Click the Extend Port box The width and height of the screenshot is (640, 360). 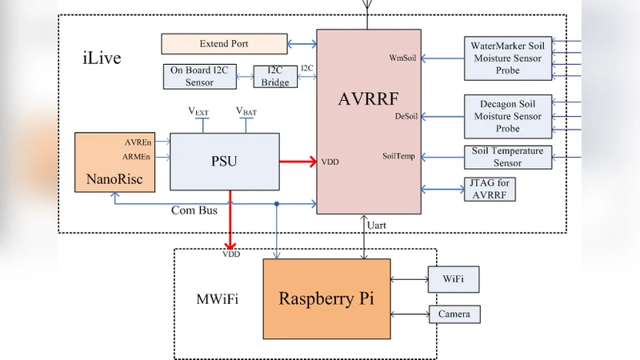(224, 43)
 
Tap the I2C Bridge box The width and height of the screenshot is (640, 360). (275, 76)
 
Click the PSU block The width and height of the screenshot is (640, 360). (225, 161)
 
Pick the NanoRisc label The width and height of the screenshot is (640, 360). (114, 179)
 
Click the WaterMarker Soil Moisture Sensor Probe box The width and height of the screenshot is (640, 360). (507, 58)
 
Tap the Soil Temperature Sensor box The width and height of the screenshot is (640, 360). (507, 157)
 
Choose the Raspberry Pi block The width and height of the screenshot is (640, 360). (326, 298)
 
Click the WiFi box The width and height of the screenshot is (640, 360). (454, 279)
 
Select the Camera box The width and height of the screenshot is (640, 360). (454, 314)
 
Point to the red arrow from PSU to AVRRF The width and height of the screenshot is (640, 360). (298, 161)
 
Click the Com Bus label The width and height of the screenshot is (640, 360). (194, 210)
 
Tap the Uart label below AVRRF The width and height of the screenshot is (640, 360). (376, 225)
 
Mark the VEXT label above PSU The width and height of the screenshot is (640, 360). (198, 112)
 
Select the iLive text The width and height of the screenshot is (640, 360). (102, 58)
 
